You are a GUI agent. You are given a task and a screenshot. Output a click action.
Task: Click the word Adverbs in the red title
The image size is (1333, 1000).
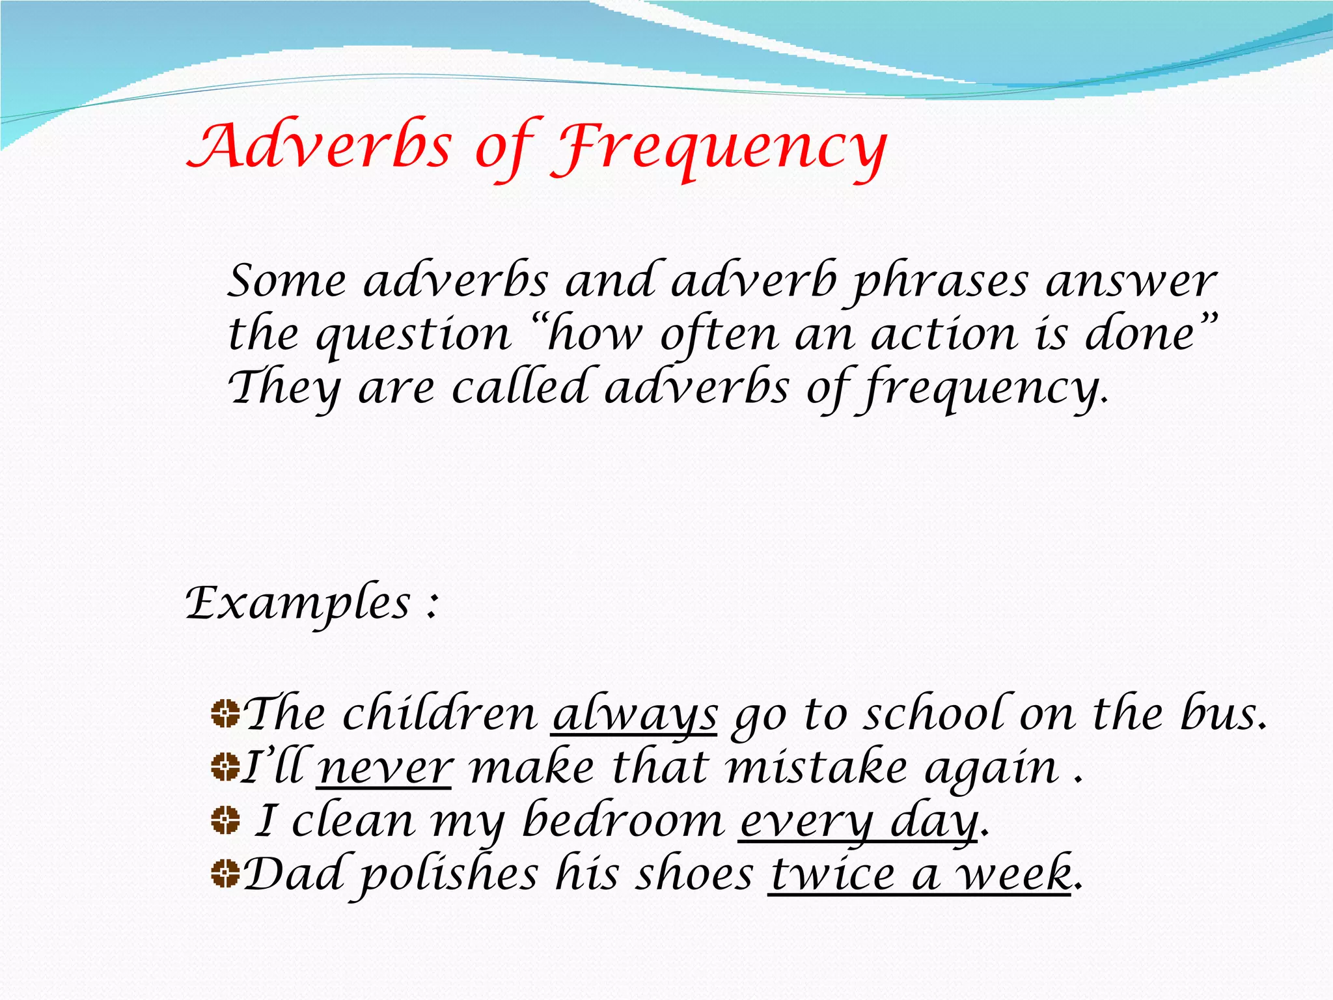(319, 146)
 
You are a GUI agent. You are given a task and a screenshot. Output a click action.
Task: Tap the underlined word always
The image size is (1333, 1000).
(635, 715)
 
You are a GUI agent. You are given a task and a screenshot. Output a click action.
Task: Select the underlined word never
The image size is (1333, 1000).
(385, 768)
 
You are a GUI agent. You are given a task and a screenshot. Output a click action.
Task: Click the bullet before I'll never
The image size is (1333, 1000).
(225, 767)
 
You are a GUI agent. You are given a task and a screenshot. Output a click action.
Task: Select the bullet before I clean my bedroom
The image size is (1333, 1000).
(225, 820)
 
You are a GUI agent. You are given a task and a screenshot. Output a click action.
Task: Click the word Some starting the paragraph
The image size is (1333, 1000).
(286, 282)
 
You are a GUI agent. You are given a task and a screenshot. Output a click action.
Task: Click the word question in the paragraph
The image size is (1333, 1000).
(413, 336)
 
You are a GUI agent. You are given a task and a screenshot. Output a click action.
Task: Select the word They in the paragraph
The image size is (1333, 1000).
(284, 388)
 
